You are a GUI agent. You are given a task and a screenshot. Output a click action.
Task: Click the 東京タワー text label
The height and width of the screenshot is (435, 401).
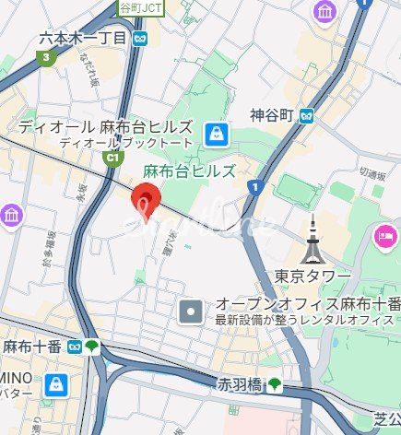pos(312,276)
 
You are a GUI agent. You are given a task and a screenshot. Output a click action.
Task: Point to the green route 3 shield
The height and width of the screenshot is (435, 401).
pos(43,57)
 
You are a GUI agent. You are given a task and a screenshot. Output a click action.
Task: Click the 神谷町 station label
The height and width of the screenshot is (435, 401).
pos(271,115)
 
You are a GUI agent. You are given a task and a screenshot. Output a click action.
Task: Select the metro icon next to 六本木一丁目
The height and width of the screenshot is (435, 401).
pos(140,39)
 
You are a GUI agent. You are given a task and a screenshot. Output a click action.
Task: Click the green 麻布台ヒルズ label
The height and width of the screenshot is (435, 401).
pos(190,171)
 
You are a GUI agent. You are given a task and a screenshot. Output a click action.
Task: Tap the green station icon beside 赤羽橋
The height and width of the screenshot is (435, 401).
pos(276,384)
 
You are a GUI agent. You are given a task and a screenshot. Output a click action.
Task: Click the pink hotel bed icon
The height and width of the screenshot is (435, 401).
pos(383,238)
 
